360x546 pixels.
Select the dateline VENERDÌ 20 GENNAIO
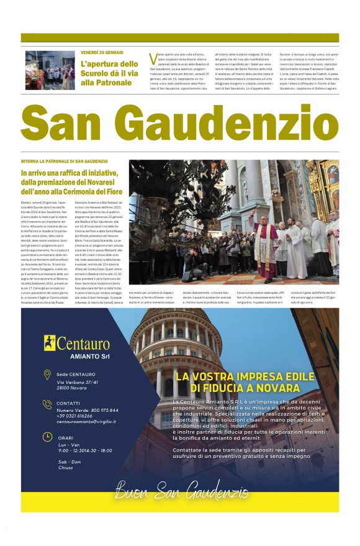[102, 52]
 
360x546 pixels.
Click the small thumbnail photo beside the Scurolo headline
[50, 70]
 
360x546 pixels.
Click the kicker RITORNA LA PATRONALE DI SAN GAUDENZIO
[65, 162]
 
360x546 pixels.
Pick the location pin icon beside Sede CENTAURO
[47, 375]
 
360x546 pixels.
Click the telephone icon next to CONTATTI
[47, 404]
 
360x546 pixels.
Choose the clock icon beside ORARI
[47, 437]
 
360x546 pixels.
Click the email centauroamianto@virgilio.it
[86, 422]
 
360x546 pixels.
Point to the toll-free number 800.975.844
[101, 410]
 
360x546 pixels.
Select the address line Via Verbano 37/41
[78, 382]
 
